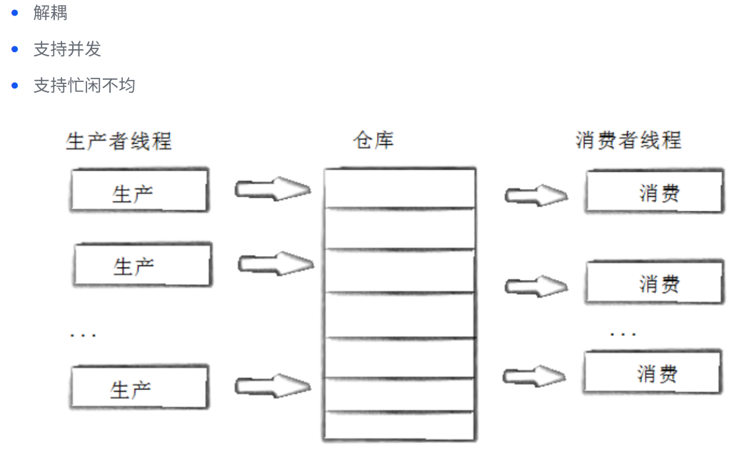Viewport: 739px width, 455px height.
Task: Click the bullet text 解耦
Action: [x=50, y=13]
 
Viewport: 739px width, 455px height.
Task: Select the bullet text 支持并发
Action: [x=67, y=49]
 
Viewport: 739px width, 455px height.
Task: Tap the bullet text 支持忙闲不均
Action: [x=84, y=86]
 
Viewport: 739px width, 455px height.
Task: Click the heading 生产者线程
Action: [x=119, y=140]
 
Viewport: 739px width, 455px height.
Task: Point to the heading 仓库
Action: [x=373, y=140]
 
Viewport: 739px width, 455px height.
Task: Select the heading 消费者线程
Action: [x=628, y=140]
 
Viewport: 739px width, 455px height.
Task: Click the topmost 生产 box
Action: [x=139, y=191]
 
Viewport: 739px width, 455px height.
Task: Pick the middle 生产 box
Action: [x=141, y=265]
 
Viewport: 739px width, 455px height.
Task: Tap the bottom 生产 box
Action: [x=139, y=387]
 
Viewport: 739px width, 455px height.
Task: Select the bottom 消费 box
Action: [x=647, y=373]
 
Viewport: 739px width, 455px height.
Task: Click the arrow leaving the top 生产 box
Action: [x=273, y=189]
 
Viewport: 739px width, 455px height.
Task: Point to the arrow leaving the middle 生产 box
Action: [x=276, y=264]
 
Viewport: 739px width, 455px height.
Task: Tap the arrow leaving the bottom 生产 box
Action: [x=273, y=387]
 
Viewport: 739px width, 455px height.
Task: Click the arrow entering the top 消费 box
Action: [x=536, y=195]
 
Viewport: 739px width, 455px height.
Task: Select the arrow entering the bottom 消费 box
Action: [x=536, y=376]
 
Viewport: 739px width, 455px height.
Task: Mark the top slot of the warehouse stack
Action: [x=399, y=188]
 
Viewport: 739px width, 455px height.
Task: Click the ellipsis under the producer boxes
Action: [x=84, y=334]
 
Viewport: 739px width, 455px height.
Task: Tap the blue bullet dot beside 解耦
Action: [x=14, y=13]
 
